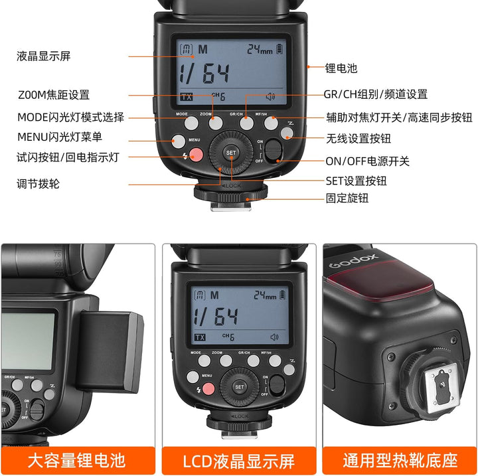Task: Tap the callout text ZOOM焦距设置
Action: coord(53,95)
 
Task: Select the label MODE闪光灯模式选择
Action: coord(70,118)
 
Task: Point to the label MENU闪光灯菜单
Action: coord(60,137)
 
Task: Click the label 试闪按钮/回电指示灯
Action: coord(68,158)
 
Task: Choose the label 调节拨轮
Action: coord(39,184)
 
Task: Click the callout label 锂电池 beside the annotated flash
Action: coord(341,68)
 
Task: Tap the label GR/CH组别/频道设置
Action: coord(376,94)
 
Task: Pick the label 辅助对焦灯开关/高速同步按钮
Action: coord(398,118)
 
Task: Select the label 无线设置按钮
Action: coord(358,139)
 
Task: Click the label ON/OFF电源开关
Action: coord(367,161)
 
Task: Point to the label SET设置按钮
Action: coord(356,181)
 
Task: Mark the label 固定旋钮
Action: coord(347,198)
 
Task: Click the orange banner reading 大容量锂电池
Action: coord(77,459)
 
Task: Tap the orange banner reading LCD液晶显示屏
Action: coord(239,459)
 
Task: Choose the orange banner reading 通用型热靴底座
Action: coord(400,459)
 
